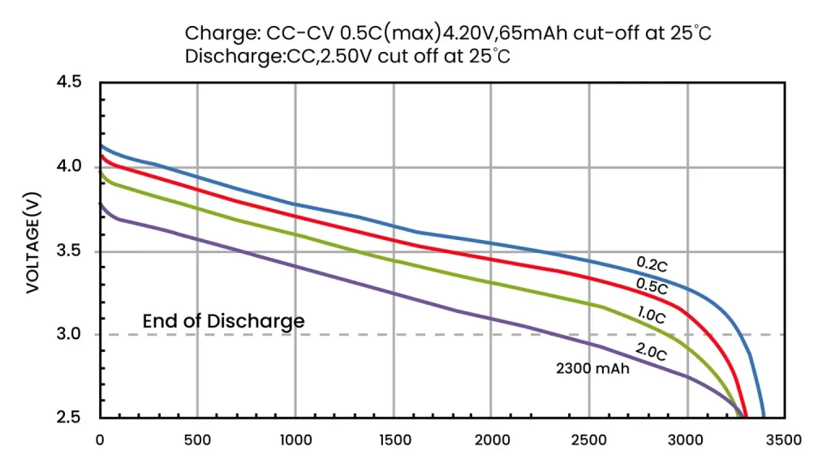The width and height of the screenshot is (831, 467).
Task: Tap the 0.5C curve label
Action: [x=652, y=287]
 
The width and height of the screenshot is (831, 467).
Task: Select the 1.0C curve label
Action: [x=651, y=316]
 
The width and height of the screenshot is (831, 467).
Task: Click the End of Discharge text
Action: [x=223, y=321]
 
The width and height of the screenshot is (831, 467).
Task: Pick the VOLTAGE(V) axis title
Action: [x=33, y=244]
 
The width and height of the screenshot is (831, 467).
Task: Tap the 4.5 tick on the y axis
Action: [x=69, y=82]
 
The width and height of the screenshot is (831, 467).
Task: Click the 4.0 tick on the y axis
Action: [x=69, y=166]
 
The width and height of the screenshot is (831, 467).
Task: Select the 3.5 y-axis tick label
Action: [x=69, y=251]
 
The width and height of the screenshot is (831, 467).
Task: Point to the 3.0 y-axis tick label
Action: [x=69, y=334]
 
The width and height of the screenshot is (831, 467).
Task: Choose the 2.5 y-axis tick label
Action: [x=69, y=418]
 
